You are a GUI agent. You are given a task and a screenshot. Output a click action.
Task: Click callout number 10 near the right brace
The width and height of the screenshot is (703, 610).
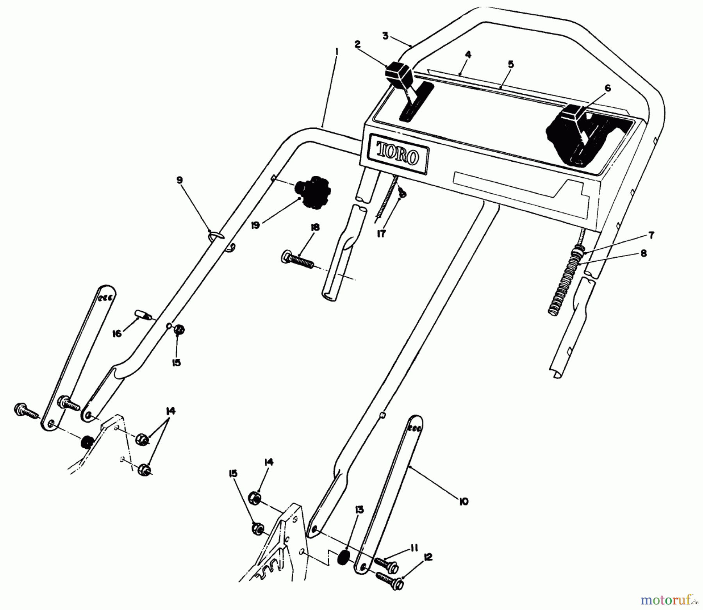click(x=464, y=501)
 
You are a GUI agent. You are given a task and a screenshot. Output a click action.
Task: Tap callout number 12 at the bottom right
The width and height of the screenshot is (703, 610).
click(x=428, y=558)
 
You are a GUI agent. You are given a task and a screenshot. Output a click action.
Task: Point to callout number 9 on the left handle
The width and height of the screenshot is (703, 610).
click(x=179, y=180)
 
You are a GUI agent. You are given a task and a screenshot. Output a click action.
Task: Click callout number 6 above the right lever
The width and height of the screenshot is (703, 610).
click(x=607, y=89)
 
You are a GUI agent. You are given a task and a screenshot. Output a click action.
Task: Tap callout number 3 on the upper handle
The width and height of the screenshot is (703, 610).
click(x=385, y=36)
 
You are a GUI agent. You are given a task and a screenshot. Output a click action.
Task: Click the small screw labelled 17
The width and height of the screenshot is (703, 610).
click(x=402, y=193)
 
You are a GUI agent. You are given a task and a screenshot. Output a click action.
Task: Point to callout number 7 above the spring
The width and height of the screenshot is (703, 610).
click(x=651, y=235)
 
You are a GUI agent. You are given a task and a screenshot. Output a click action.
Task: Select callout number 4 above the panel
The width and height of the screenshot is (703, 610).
click(x=468, y=55)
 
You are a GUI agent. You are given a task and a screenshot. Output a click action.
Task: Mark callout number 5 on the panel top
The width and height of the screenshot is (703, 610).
click(x=511, y=64)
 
